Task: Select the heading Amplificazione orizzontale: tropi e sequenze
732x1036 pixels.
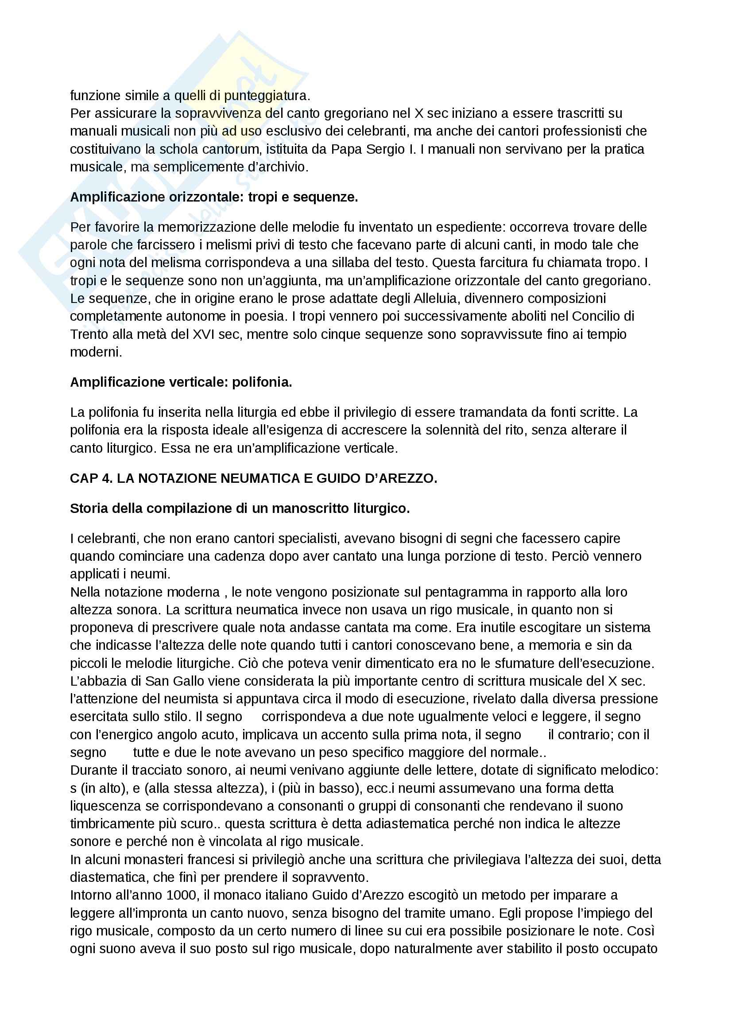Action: [214, 197]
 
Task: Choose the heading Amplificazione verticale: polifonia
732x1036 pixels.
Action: [181, 382]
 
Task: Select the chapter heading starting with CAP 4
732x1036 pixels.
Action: [253, 478]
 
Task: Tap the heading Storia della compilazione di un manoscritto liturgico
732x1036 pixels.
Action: [240, 508]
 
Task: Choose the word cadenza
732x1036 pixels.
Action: [235, 556]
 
